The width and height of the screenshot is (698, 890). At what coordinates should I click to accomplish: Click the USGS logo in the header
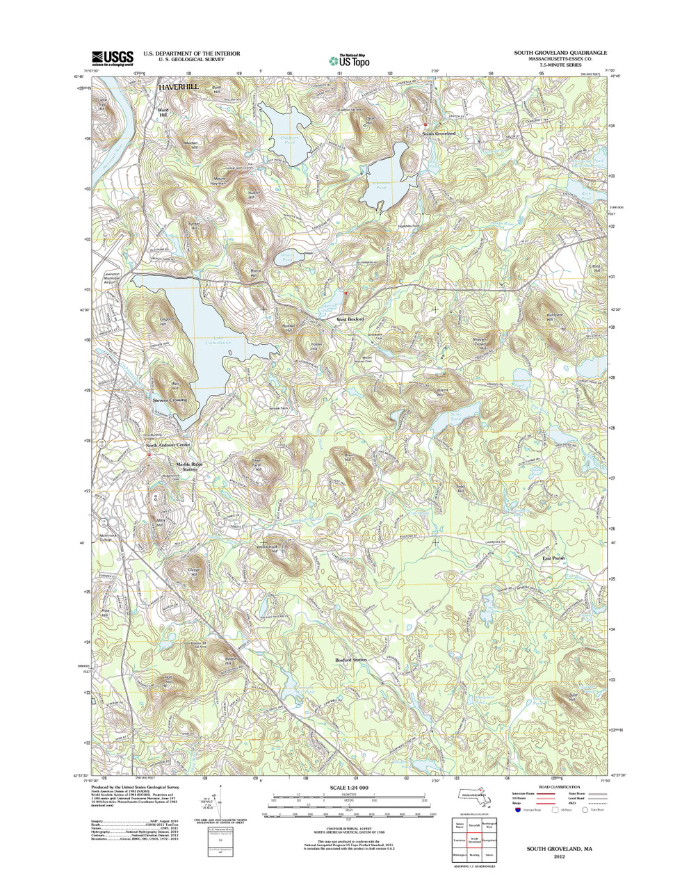[x=111, y=58]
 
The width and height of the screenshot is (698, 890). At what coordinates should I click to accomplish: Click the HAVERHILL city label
[x=178, y=87]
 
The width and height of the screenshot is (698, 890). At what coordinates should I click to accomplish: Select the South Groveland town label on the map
[x=439, y=133]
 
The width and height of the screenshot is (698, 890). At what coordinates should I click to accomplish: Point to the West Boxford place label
[x=351, y=320]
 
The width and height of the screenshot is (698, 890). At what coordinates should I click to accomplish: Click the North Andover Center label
[x=168, y=445]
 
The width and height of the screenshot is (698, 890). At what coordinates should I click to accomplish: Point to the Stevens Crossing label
[x=170, y=400]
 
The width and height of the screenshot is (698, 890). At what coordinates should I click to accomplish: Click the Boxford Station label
[x=351, y=659]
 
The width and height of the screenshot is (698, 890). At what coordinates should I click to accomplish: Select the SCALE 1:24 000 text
[x=349, y=788]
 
